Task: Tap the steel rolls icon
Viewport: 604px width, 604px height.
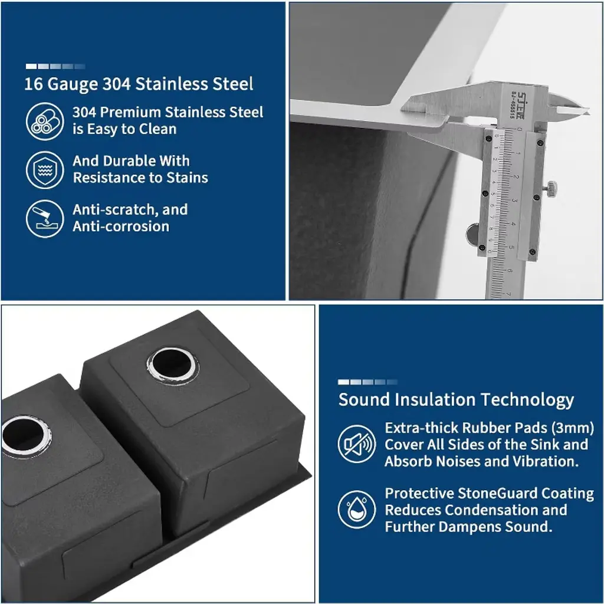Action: coord(45,122)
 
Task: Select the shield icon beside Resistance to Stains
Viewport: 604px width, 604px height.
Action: coord(45,170)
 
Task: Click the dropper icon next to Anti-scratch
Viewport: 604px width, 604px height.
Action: coord(45,218)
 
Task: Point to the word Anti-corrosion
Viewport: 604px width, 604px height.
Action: coord(121,226)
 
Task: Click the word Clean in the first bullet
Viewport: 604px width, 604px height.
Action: coord(157,129)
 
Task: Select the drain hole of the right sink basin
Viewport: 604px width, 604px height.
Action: coord(172,365)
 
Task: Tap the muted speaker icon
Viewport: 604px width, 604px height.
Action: coord(356,444)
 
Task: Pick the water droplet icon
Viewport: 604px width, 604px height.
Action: coord(356,510)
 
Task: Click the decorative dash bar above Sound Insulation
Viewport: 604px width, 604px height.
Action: coord(368,382)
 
